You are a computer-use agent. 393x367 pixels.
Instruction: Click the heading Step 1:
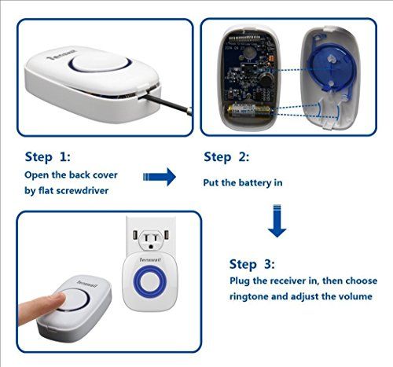[x=48, y=157]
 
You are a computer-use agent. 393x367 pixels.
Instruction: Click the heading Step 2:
[x=226, y=157]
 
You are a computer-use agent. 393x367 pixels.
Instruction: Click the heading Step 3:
[x=252, y=264]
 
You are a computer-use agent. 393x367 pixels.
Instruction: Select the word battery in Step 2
[x=252, y=183]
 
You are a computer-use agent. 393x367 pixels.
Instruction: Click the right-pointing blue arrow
[x=160, y=177]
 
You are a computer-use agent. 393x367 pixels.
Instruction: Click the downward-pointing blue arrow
[x=277, y=221]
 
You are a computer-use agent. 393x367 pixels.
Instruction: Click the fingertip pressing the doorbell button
[x=59, y=299]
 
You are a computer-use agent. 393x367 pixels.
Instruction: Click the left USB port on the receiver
[x=135, y=235]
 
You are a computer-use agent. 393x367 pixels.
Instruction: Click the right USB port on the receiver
[x=167, y=235]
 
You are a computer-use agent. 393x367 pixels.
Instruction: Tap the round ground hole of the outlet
[x=151, y=247]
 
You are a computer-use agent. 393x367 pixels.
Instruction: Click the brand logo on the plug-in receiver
[x=150, y=259]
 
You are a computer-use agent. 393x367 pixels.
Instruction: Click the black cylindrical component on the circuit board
[x=266, y=79]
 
